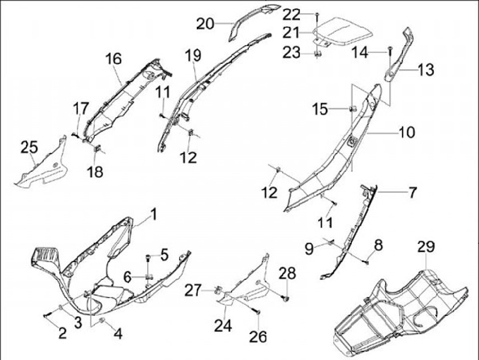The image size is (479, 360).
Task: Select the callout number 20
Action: point(205,24)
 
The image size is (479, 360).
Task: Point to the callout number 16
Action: point(113,59)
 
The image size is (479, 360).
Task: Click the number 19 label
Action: point(193,56)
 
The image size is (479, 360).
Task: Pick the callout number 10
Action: point(407,132)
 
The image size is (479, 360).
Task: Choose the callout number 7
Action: point(412,193)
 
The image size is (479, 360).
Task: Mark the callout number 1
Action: point(154,214)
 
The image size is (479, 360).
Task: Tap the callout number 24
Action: point(223,326)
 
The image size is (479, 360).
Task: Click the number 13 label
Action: point(426,68)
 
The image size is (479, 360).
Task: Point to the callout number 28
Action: point(287,273)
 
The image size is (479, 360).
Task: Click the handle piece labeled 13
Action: point(399,57)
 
